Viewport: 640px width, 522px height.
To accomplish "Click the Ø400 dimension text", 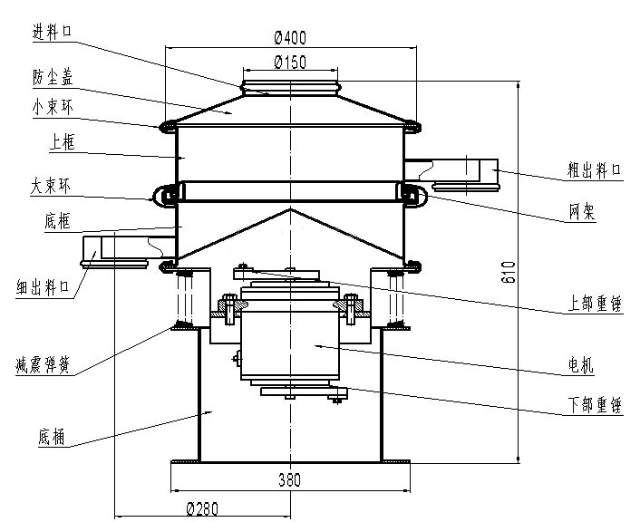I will [290, 37].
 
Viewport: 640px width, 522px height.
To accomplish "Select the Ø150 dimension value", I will [290, 62].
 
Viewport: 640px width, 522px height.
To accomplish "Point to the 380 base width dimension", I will [290, 479].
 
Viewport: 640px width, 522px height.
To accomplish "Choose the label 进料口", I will [52, 32].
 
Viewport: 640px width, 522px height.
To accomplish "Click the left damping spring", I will [186, 298].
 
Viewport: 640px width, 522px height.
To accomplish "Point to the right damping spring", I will [394, 298].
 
